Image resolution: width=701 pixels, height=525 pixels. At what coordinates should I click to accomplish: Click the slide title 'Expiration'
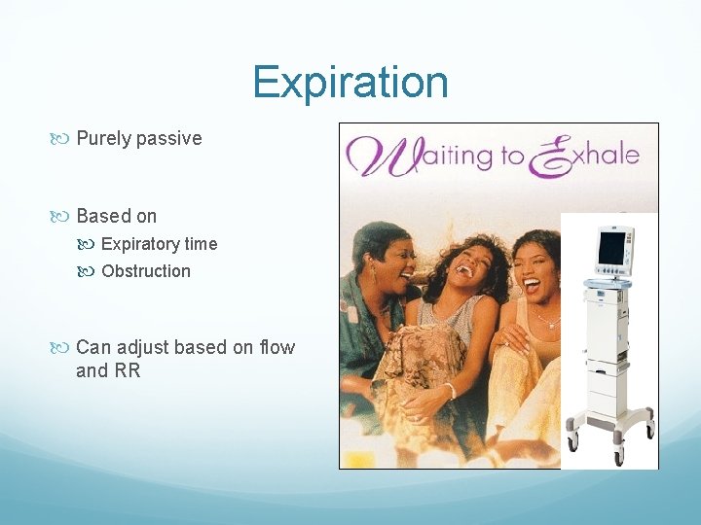tap(350, 82)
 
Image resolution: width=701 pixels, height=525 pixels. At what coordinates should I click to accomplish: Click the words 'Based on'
tap(116, 216)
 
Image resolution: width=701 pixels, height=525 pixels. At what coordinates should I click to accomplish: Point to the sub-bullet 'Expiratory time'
tap(159, 244)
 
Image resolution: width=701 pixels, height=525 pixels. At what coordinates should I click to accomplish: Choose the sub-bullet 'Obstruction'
tap(146, 271)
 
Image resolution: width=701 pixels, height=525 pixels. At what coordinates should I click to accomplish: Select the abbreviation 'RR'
tap(128, 370)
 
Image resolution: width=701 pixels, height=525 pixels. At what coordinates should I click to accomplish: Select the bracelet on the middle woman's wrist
tap(450, 391)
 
